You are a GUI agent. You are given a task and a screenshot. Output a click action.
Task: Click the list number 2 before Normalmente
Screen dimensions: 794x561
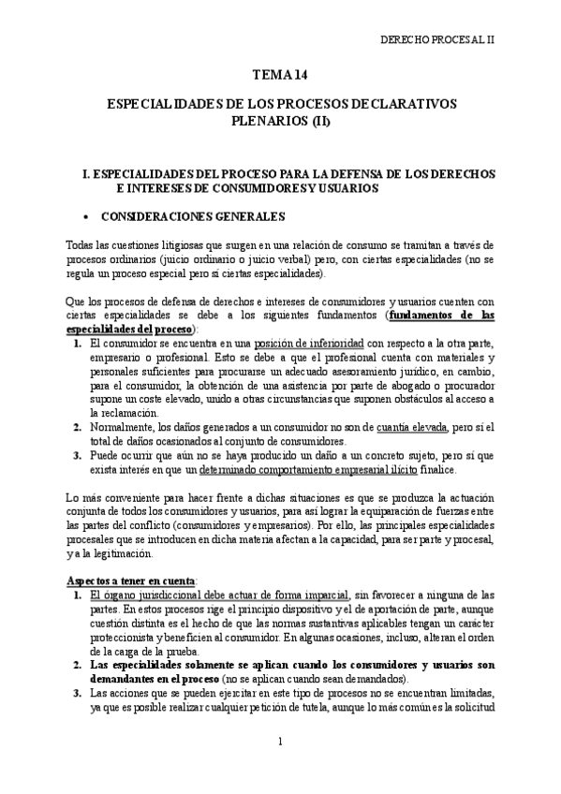[78, 427]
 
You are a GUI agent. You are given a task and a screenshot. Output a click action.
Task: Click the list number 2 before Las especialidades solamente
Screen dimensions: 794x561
[78, 665]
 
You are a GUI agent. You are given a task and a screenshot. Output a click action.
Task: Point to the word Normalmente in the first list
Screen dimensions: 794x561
[121, 427]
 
